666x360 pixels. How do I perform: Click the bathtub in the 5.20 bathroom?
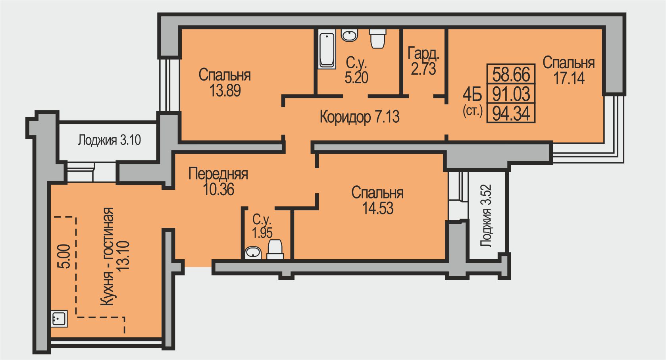[x=327, y=49]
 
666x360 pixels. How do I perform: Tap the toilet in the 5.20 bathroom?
[x=377, y=39]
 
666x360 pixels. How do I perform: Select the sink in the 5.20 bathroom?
[x=349, y=35]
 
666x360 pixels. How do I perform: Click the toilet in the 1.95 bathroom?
[x=275, y=249]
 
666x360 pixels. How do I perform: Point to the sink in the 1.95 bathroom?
[x=253, y=253]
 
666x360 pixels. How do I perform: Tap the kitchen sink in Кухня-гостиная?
[x=59, y=319]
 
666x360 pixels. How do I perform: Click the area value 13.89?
[x=225, y=90]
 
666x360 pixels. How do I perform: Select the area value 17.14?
[x=569, y=78]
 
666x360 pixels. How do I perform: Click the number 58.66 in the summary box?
[x=511, y=74]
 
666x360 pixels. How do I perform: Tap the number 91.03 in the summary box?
[x=511, y=94]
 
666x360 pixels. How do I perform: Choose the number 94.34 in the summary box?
[x=511, y=114]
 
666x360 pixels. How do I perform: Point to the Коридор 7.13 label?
[x=360, y=117]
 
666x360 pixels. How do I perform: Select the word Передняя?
[x=218, y=173]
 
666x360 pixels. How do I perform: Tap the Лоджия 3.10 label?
[x=110, y=140]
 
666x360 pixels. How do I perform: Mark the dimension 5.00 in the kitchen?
[x=65, y=256]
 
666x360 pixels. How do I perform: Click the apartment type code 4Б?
[x=472, y=95]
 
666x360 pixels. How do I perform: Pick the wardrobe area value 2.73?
[x=423, y=69]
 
